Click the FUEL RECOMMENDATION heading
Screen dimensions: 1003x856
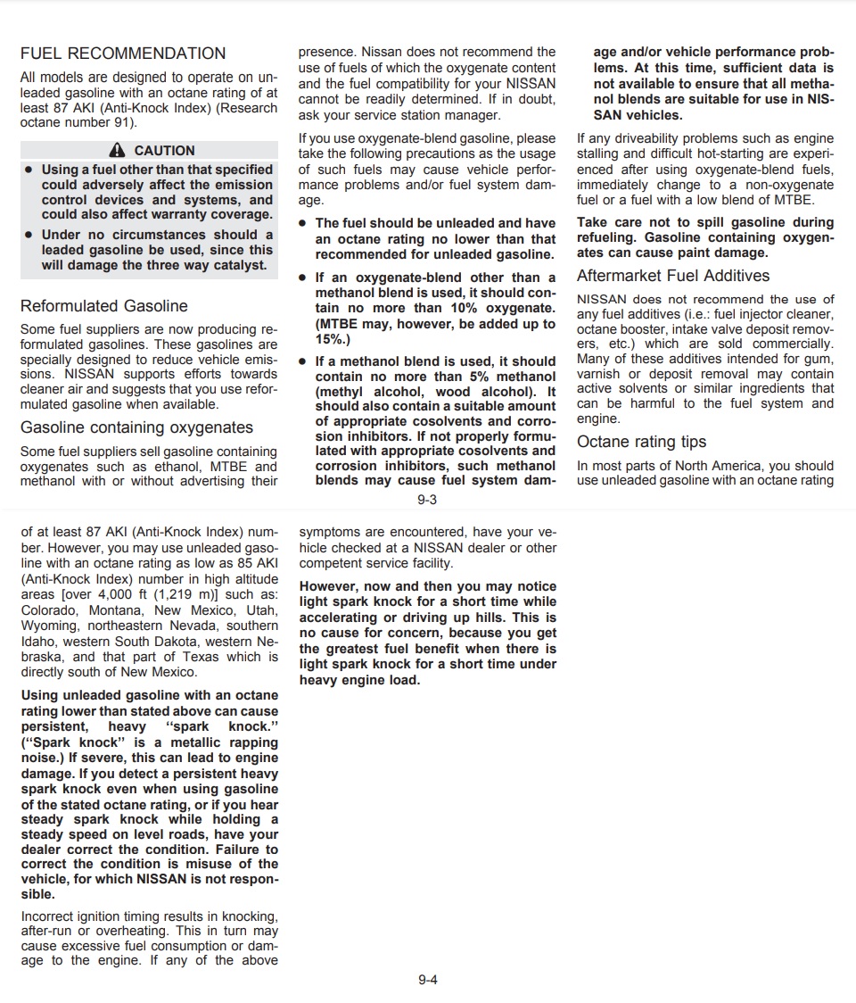coord(123,54)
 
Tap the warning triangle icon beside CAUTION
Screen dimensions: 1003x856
coord(117,151)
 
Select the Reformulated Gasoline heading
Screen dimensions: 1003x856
coord(104,306)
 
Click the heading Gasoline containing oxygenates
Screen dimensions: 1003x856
coord(136,427)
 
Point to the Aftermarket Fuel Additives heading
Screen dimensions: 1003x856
coord(673,276)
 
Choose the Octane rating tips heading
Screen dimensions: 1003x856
coord(641,442)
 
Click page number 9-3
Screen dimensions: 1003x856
coord(427,501)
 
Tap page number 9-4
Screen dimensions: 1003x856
coord(428,980)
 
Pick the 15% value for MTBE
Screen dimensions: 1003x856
coord(329,340)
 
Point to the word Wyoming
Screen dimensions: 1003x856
coord(49,626)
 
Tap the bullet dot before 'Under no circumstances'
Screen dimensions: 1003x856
coord(29,236)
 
